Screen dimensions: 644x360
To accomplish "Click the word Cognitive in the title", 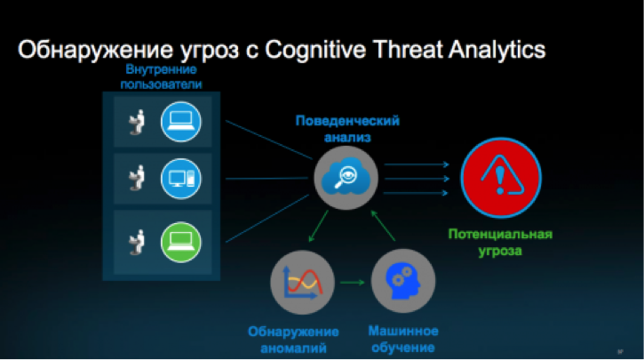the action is [x=315, y=50].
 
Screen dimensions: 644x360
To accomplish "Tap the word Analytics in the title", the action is [x=497, y=51].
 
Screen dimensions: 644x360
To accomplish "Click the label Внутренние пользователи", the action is [x=161, y=76].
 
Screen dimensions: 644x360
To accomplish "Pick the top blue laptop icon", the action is [x=181, y=122].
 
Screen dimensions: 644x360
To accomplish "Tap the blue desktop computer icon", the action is [x=181, y=179].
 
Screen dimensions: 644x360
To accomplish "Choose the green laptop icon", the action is [x=181, y=242].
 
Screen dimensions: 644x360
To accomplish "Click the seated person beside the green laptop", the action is [x=137, y=243].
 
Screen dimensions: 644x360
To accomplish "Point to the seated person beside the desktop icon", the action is [x=137, y=178].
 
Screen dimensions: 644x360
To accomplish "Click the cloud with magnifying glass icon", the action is [x=346, y=178].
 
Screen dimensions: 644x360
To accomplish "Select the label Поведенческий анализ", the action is [x=347, y=129].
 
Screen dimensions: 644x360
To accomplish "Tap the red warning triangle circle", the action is [x=501, y=178].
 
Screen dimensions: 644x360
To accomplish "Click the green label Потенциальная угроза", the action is [x=500, y=243].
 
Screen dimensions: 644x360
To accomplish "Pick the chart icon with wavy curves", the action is [x=302, y=283].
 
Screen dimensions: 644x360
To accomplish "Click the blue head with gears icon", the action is [x=403, y=281].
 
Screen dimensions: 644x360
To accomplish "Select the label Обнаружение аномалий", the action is [x=293, y=340].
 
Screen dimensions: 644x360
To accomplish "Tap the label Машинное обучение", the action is [x=403, y=339].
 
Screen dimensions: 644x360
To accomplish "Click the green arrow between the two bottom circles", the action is [x=353, y=283].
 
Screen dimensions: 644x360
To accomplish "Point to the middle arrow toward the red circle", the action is [x=417, y=179].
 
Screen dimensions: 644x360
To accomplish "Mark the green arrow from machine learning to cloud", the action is [x=383, y=226].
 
